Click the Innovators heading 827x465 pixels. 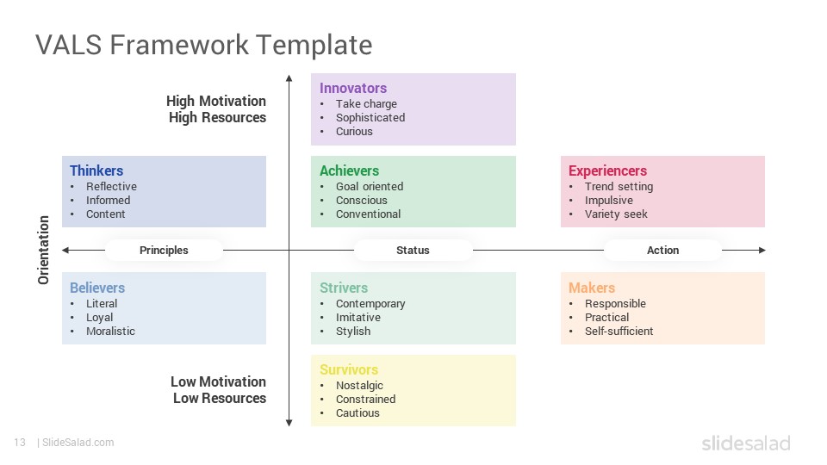pyautogui.click(x=353, y=88)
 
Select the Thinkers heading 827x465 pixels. pyautogui.click(x=96, y=170)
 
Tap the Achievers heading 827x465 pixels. pyautogui.click(x=349, y=170)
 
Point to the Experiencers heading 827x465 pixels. pyautogui.click(x=607, y=170)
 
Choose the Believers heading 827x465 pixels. pyautogui.click(x=97, y=288)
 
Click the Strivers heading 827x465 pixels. pyautogui.click(x=344, y=288)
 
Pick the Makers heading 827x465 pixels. pyautogui.click(x=592, y=288)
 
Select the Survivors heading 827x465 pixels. pyautogui.click(x=349, y=369)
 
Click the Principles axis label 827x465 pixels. pyautogui.click(x=164, y=251)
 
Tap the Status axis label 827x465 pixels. pyautogui.click(x=413, y=251)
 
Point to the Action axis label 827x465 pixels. pyautogui.click(x=663, y=251)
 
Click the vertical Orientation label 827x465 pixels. pyautogui.click(x=43, y=250)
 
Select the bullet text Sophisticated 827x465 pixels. pyautogui.click(x=370, y=118)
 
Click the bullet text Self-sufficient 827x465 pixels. pyautogui.click(x=619, y=331)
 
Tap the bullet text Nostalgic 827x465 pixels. pyautogui.click(x=359, y=386)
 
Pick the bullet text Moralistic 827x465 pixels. pyautogui.click(x=110, y=331)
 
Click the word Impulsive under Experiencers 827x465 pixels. pyautogui.click(x=609, y=201)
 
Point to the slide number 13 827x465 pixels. pyautogui.click(x=20, y=443)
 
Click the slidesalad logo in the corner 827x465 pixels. pyautogui.click(x=746, y=443)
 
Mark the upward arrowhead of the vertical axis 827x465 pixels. pyautogui.click(x=289, y=78)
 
